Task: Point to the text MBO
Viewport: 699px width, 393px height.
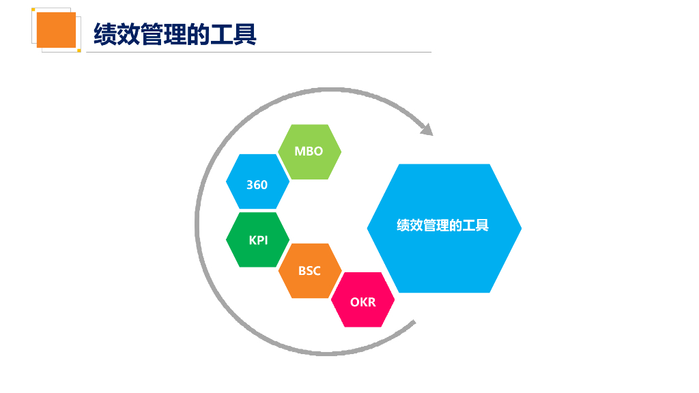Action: click(x=309, y=151)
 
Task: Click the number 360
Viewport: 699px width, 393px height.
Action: click(x=257, y=185)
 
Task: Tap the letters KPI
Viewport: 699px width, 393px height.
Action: click(x=258, y=240)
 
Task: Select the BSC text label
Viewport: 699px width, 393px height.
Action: click(x=309, y=271)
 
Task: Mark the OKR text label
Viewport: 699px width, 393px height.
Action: click(x=362, y=302)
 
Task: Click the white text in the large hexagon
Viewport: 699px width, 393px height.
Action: click(x=443, y=225)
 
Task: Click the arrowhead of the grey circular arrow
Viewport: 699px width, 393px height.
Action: click(x=426, y=129)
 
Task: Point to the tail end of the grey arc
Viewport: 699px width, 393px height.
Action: click(x=412, y=323)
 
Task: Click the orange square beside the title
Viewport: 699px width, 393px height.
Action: click(x=56, y=30)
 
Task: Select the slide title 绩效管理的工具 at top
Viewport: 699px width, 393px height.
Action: click(x=175, y=33)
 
